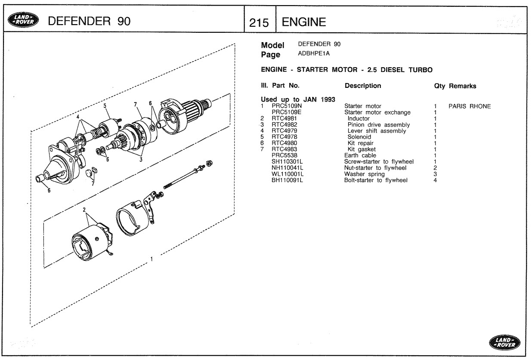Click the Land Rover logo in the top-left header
23,20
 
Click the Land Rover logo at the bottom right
504,342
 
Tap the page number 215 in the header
259,23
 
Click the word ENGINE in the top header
304,22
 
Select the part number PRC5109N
287,106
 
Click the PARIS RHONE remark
470,106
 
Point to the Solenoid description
359,137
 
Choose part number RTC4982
284,124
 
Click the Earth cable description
360,155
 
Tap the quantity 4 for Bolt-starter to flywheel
435,180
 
